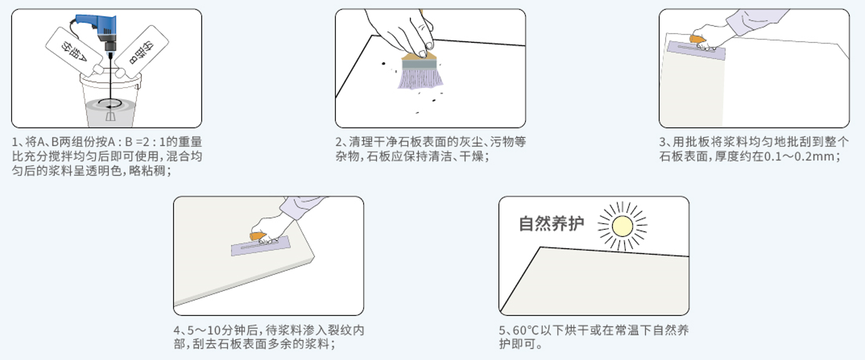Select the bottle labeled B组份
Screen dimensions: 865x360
[141, 51]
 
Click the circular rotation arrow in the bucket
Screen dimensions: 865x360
[110, 103]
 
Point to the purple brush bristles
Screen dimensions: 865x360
[421, 78]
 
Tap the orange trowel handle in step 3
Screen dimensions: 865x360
[697, 39]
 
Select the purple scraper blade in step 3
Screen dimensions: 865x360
[696, 50]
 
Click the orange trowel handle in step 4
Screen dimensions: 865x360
[257, 236]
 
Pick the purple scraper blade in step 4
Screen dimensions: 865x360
[261, 246]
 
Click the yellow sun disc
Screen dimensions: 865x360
[622, 226]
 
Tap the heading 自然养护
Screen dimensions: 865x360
[551, 224]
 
